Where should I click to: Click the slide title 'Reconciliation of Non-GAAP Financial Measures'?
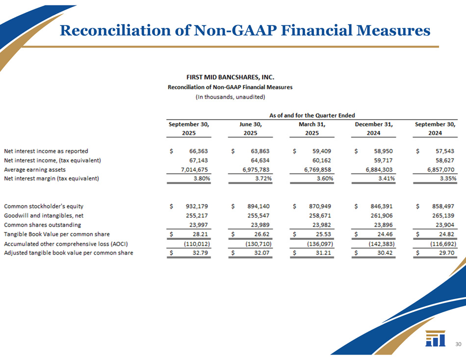[x=245, y=31]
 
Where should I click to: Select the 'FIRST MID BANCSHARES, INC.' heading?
[x=230, y=77]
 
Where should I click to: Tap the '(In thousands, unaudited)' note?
[x=230, y=97]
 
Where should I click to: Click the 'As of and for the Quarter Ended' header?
[x=312, y=115]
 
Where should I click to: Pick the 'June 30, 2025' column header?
[x=251, y=129]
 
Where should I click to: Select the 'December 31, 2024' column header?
[x=375, y=129]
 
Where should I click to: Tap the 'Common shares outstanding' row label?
[x=42, y=225]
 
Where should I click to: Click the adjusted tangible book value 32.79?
[x=202, y=253]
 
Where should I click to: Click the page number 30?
[x=458, y=344]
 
